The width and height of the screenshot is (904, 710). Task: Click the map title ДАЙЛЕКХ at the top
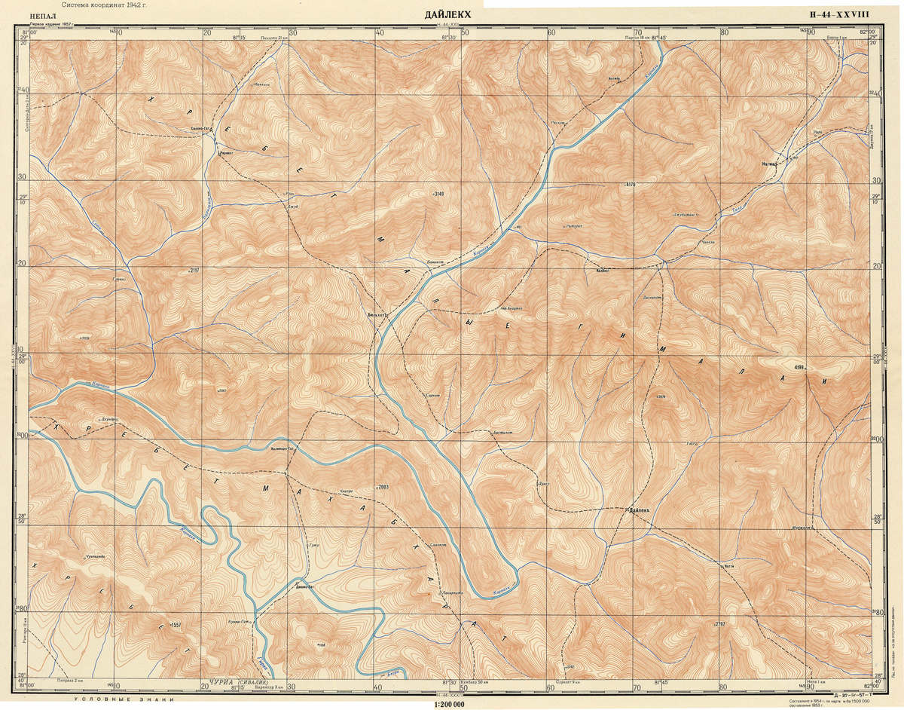pyautogui.click(x=452, y=14)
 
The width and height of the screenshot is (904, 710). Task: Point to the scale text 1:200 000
pyautogui.click(x=450, y=704)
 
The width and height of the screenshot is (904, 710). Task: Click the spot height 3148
pyautogui.click(x=438, y=194)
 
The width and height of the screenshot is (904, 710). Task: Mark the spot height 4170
pyautogui.click(x=631, y=185)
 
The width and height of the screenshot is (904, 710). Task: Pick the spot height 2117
pyautogui.click(x=192, y=270)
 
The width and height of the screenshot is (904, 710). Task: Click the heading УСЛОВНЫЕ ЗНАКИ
pyautogui.click(x=123, y=701)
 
